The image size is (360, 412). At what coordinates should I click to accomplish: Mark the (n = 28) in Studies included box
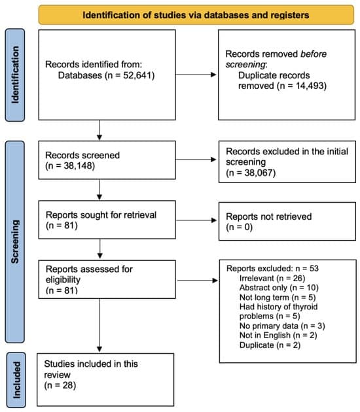click(61, 386)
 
